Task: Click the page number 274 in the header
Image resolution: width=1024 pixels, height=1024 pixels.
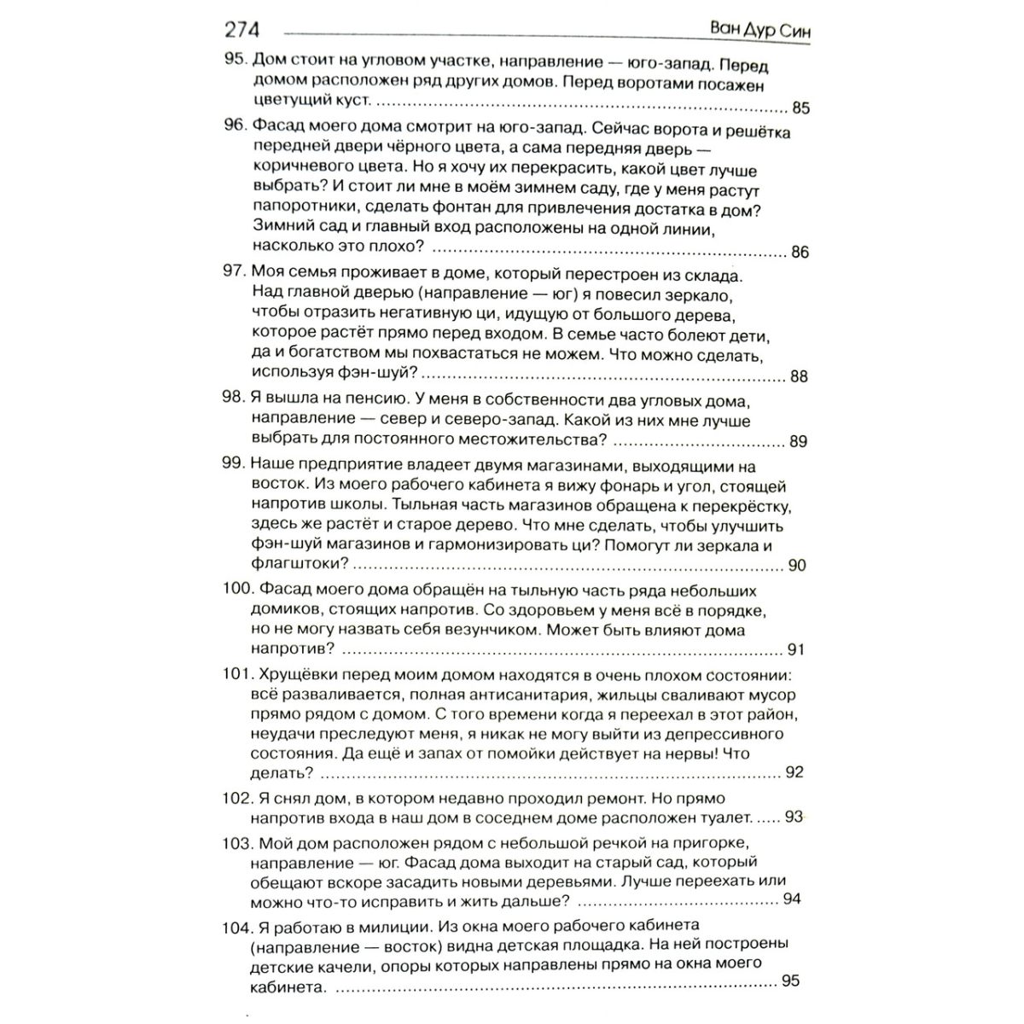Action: pyautogui.click(x=241, y=30)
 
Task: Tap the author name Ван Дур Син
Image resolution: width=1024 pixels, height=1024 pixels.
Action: pyautogui.click(x=760, y=30)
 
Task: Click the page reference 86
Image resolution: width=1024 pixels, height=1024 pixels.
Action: pyautogui.click(x=800, y=252)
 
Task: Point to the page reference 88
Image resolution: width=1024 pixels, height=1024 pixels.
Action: pyautogui.click(x=799, y=376)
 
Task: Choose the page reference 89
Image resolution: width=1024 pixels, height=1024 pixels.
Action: pyautogui.click(x=799, y=441)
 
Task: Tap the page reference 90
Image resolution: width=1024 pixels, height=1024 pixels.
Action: pyautogui.click(x=797, y=565)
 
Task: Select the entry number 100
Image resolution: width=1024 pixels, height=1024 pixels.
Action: pyautogui.click(x=237, y=590)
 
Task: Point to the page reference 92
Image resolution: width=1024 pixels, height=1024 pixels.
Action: pyautogui.click(x=794, y=772)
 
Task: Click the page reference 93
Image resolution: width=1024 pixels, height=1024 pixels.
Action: pyautogui.click(x=794, y=817)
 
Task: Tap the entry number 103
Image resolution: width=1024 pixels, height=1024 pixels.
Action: pyautogui.click(x=237, y=842)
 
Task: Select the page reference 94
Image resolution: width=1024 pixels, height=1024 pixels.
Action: pyautogui.click(x=792, y=899)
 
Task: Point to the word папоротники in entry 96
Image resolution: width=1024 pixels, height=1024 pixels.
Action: pyautogui.click(x=298, y=210)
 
